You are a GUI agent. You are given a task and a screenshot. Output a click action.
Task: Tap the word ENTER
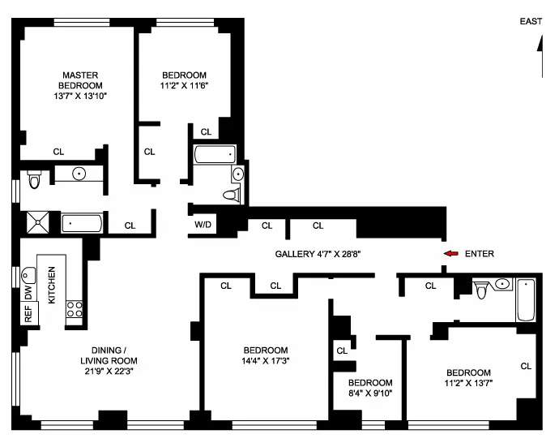pos(479,254)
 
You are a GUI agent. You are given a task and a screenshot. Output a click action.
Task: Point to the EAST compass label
pos(531,23)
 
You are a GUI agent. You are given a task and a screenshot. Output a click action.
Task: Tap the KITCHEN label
pos(50,286)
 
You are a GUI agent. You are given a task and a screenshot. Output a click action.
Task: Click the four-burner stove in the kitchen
pos(75,309)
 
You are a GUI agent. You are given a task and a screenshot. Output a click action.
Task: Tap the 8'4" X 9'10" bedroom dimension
pos(369,395)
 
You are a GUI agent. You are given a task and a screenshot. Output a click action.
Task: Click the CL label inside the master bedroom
pos(58,151)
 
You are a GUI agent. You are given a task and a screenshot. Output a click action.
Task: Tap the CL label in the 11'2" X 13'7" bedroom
pos(526,366)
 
